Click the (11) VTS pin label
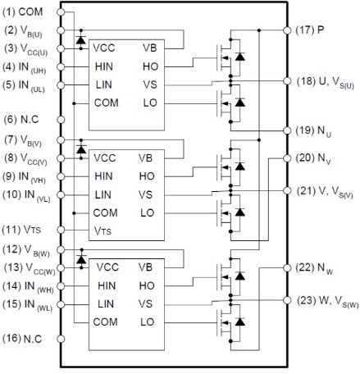click(24, 230)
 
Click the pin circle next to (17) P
click(288, 30)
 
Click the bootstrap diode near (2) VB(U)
click(79, 39)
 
